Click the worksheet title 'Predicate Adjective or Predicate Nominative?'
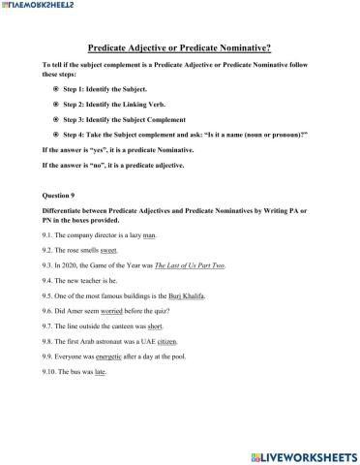(179, 46)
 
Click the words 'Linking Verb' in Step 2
(152, 103)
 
